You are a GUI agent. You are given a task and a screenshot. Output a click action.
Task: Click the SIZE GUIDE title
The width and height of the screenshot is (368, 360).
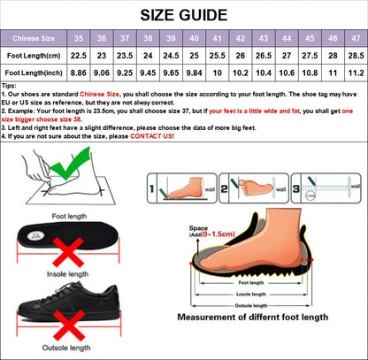click(184, 14)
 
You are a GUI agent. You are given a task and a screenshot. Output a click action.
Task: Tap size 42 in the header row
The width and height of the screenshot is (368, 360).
click(241, 39)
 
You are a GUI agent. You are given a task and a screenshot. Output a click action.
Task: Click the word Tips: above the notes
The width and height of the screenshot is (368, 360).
click(10, 87)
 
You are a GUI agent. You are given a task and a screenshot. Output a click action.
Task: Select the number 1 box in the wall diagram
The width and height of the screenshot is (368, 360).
click(152, 188)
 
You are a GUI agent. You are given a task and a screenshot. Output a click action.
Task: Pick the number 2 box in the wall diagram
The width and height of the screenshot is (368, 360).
click(225, 188)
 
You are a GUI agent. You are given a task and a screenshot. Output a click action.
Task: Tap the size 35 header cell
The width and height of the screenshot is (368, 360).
click(79, 39)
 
